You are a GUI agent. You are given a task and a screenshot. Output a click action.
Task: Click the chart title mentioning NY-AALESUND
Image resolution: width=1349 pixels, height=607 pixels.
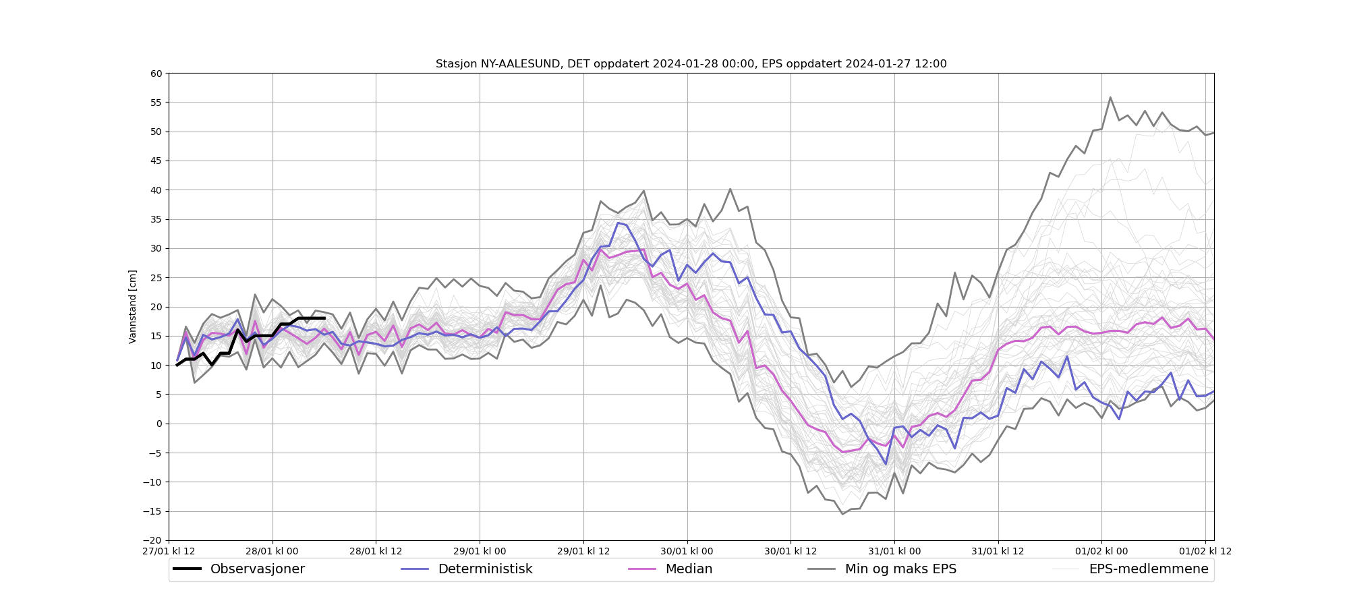(691, 64)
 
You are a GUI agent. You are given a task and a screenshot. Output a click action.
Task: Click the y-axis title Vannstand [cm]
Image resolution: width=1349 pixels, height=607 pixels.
(132, 307)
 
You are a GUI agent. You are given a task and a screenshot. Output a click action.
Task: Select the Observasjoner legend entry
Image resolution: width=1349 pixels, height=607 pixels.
(257, 569)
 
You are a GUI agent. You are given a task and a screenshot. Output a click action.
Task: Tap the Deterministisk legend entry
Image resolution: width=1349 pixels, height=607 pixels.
(485, 569)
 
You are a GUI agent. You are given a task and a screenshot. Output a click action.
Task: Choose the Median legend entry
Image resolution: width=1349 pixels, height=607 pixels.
(689, 569)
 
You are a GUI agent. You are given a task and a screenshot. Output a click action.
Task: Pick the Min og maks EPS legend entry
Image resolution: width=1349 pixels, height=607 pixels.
(900, 569)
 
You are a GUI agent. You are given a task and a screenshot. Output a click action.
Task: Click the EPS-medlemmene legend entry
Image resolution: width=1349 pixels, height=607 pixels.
(1148, 569)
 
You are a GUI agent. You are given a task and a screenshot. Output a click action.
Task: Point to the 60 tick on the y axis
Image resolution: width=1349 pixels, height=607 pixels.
(156, 74)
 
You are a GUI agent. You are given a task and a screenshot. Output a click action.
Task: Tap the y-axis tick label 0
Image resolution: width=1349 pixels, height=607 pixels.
(159, 424)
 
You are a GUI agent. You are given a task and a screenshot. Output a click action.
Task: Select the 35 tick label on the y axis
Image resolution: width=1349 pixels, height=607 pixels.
(156, 219)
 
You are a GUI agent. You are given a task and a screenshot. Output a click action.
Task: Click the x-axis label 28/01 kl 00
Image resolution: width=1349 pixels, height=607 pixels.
(272, 551)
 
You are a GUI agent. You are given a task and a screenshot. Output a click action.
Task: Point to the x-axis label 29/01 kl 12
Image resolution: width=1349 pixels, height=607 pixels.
(583, 551)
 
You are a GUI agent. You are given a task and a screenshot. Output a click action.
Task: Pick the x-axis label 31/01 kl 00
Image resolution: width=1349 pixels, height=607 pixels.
(894, 551)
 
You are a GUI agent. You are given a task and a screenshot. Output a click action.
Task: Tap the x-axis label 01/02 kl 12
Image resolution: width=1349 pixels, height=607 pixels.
(1205, 551)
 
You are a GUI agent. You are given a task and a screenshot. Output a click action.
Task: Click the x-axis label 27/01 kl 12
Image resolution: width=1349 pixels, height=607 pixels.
(169, 551)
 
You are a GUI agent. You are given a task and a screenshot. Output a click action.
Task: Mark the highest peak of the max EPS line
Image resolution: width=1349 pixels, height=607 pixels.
(1110, 97)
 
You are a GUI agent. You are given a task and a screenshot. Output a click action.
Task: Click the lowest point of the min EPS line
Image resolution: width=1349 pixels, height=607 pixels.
(842, 514)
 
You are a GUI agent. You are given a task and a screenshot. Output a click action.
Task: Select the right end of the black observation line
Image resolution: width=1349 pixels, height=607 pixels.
(324, 318)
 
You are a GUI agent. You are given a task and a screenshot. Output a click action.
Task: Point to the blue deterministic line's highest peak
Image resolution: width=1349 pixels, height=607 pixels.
(618, 223)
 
